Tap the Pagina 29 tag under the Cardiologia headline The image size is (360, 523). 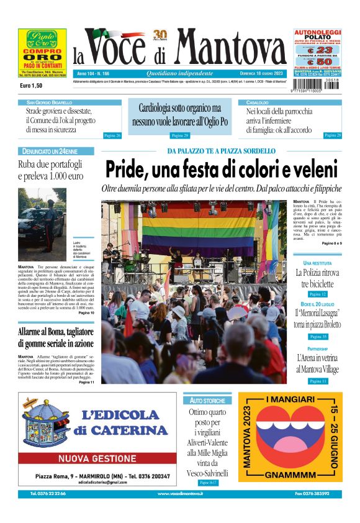click(179, 135)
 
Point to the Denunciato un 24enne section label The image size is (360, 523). click(50, 151)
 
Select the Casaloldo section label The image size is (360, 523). click(258, 102)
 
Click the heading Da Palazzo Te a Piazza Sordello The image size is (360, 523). click(221, 151)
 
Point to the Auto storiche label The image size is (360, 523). click(207, 401)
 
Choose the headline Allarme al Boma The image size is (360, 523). click(56, 337)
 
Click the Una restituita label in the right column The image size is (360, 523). click(317, 263)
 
